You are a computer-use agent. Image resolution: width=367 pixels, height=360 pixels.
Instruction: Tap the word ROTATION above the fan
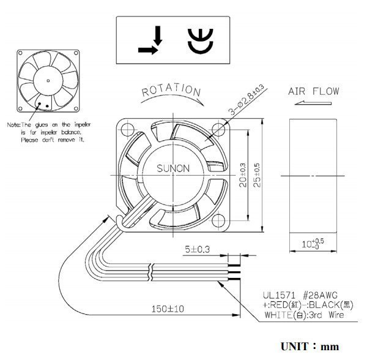171,92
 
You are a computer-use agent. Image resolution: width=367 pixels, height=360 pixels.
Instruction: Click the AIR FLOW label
313,92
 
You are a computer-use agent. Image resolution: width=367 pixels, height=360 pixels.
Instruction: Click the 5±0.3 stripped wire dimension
197,250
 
